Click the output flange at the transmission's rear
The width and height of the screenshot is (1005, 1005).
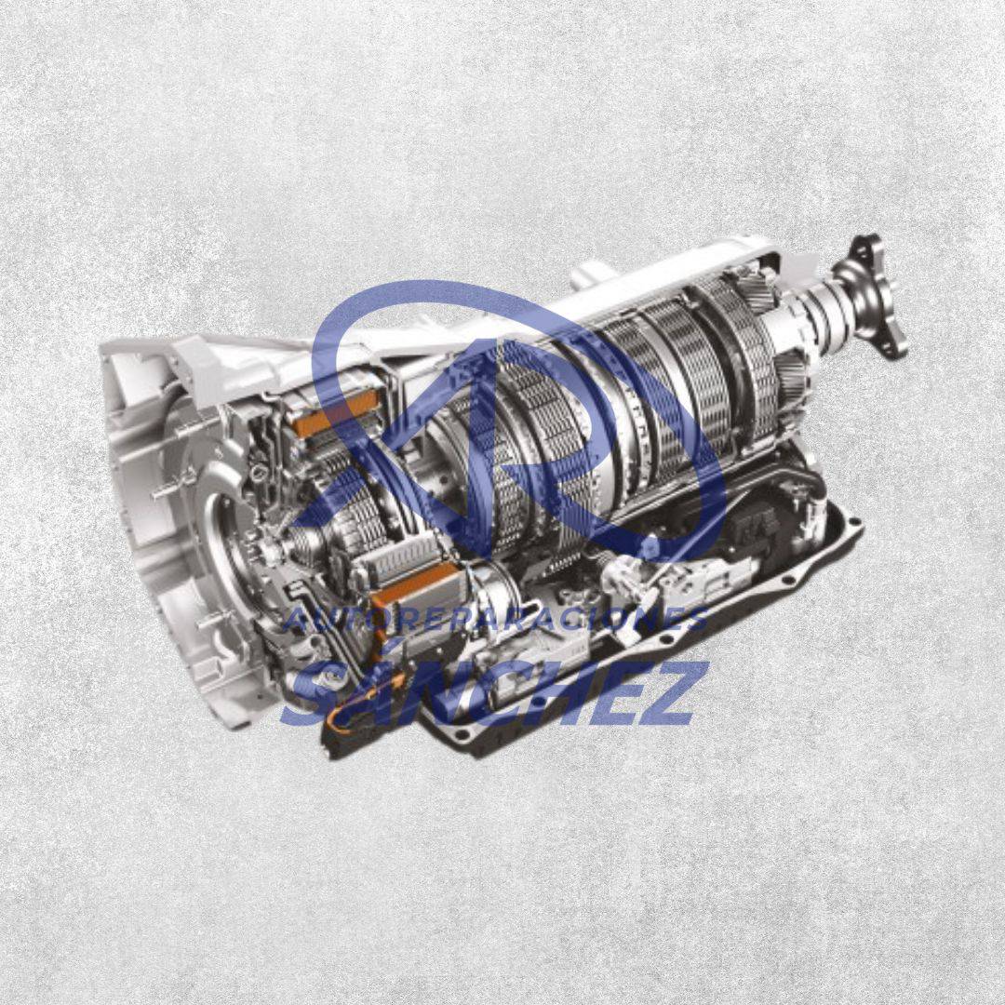(879, 296)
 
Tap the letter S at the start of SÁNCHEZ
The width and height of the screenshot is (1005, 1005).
(315, 695)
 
